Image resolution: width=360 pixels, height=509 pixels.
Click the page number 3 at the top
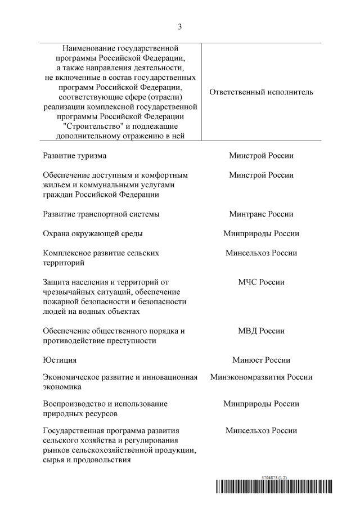pos(180,26)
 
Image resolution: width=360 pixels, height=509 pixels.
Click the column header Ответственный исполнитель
pos(261,92)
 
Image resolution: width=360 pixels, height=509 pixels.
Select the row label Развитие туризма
pos(74,156)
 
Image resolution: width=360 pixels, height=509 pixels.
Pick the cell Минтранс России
pos(261,214)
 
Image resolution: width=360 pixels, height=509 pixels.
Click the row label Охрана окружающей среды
pos(93,233)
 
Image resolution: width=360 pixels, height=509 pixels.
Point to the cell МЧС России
pos(261,282)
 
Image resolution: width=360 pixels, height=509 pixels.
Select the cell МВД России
pos(261,331)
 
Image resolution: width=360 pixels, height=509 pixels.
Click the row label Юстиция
pos(60,360)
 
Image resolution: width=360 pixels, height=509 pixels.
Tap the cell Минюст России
pos(261,360)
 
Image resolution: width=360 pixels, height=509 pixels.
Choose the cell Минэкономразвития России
pos(261,377)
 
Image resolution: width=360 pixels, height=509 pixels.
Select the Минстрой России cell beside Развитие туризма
pos(261,156)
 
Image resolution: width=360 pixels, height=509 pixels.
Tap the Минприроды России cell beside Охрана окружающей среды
pos(261,233)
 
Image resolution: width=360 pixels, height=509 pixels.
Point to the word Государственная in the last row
pos(76,431)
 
